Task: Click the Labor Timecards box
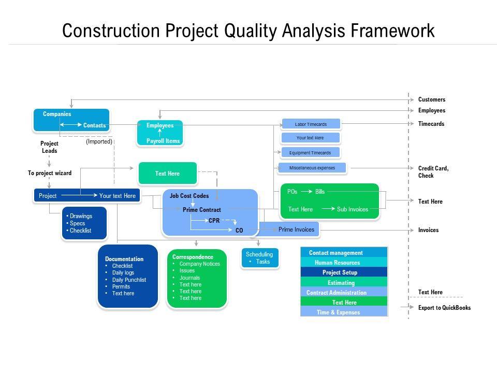(311, 124)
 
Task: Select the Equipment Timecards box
(310, 152)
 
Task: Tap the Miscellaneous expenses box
(312, 168)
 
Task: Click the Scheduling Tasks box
(259, 258)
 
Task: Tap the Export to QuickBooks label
(444, 308)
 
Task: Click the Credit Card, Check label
(433, 172)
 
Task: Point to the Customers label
(431, 99)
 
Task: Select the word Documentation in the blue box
(124, 259)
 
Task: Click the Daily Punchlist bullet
(129, 280)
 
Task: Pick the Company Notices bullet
(199, 264)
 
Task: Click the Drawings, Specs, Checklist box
(84, 223)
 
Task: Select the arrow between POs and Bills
(306, 192)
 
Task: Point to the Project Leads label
(49, 147)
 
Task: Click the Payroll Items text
(163, 141)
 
